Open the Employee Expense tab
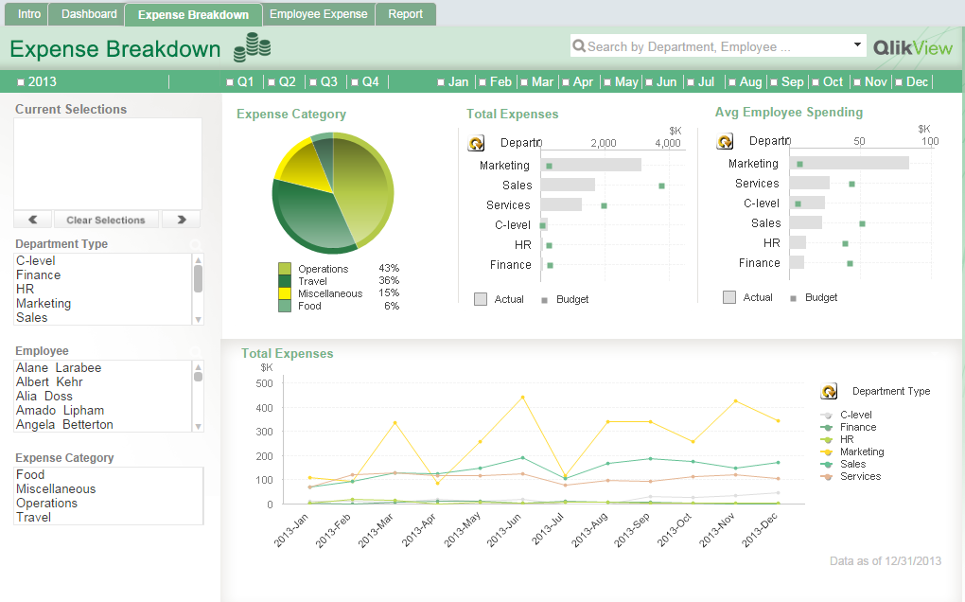(318, 14)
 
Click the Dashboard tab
(89, 14)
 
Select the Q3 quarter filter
(323, 82)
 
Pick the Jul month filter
(700, 82)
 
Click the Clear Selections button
(106, 220)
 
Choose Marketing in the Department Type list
(44, 304)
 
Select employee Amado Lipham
(60, 411)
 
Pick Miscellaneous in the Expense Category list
(56, 489)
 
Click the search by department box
(710, 46)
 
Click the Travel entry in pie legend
(312, 281)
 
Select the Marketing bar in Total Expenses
(590, 165)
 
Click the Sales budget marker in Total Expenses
(661, 186)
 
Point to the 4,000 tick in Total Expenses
(667, 144)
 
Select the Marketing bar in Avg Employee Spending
(849, 163)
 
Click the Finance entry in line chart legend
(858, 427)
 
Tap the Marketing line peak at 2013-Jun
(522, 397)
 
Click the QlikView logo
(912, 47)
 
